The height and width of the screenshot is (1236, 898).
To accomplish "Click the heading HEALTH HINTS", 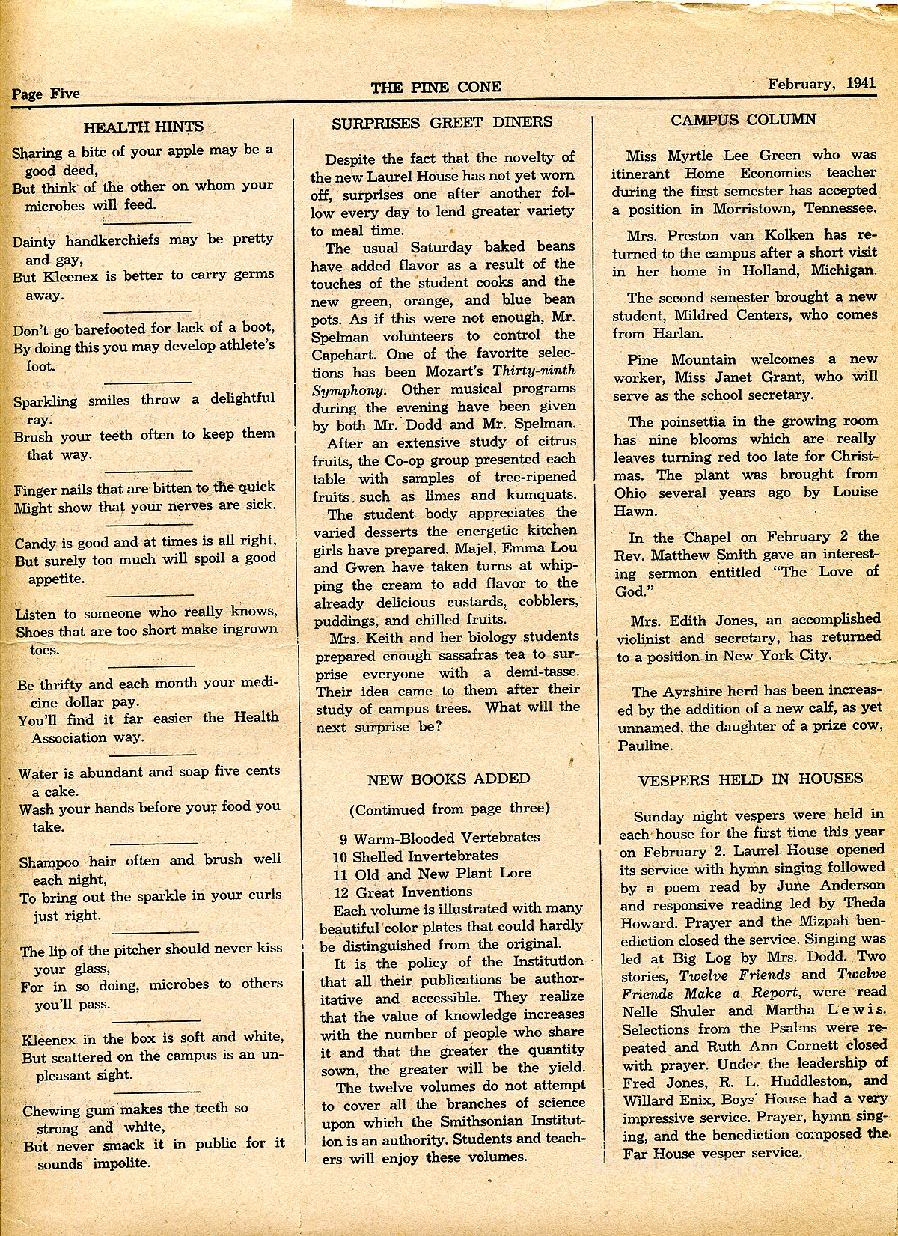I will pos(143,127).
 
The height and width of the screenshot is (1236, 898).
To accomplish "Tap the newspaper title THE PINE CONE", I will pos(436,88).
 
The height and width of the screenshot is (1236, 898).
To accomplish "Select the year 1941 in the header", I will pos(861,84).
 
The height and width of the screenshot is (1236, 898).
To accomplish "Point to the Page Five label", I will pos(46,94).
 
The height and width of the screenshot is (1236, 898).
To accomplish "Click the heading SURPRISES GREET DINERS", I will pos(442,122).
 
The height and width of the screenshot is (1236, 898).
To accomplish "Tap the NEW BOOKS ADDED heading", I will pos(448,779).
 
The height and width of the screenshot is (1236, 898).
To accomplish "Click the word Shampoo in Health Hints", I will pos(48,862).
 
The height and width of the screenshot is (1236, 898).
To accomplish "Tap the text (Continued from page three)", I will pos(449,809).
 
